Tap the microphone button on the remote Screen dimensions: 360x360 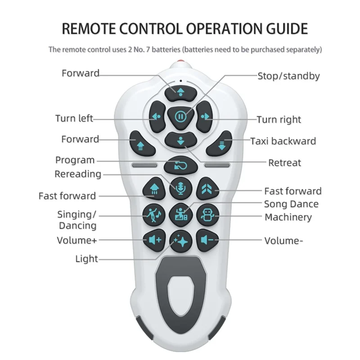coord(180,188)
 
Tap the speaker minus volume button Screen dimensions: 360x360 coord(207,240)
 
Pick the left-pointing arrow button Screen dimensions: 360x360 coord(156,117)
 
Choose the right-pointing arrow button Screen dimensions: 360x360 coord(205,117)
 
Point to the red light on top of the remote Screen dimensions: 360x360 coord(180,63)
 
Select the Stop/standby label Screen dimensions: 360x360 coord(288,76)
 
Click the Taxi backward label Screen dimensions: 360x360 coord(283,141)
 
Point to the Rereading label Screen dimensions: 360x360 coord(78,174)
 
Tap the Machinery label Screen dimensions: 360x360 coord(288,217)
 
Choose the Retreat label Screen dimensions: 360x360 coord(284,162)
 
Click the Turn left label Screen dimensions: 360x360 coord(74,119)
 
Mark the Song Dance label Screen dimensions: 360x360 coord(291,204)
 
